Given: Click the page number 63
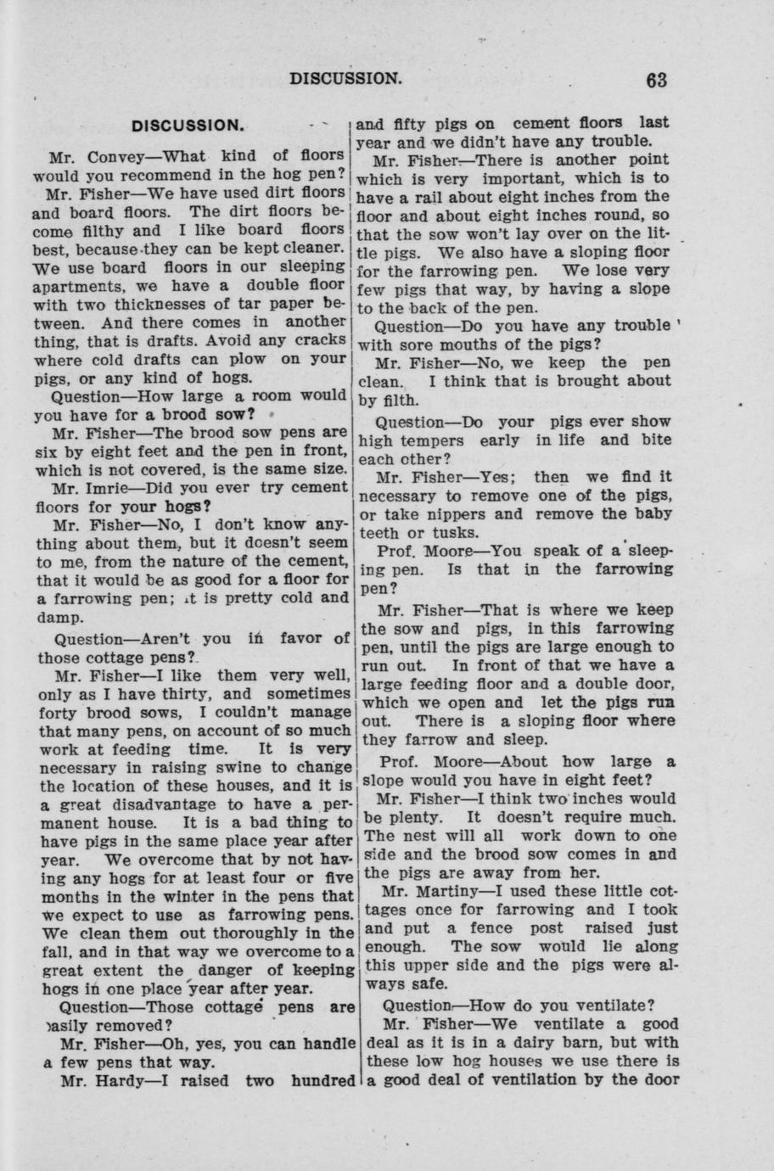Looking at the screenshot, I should pos(656,80).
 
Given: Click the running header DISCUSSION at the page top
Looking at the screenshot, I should pos(345,79).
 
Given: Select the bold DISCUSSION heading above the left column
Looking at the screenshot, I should pos(189,126).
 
